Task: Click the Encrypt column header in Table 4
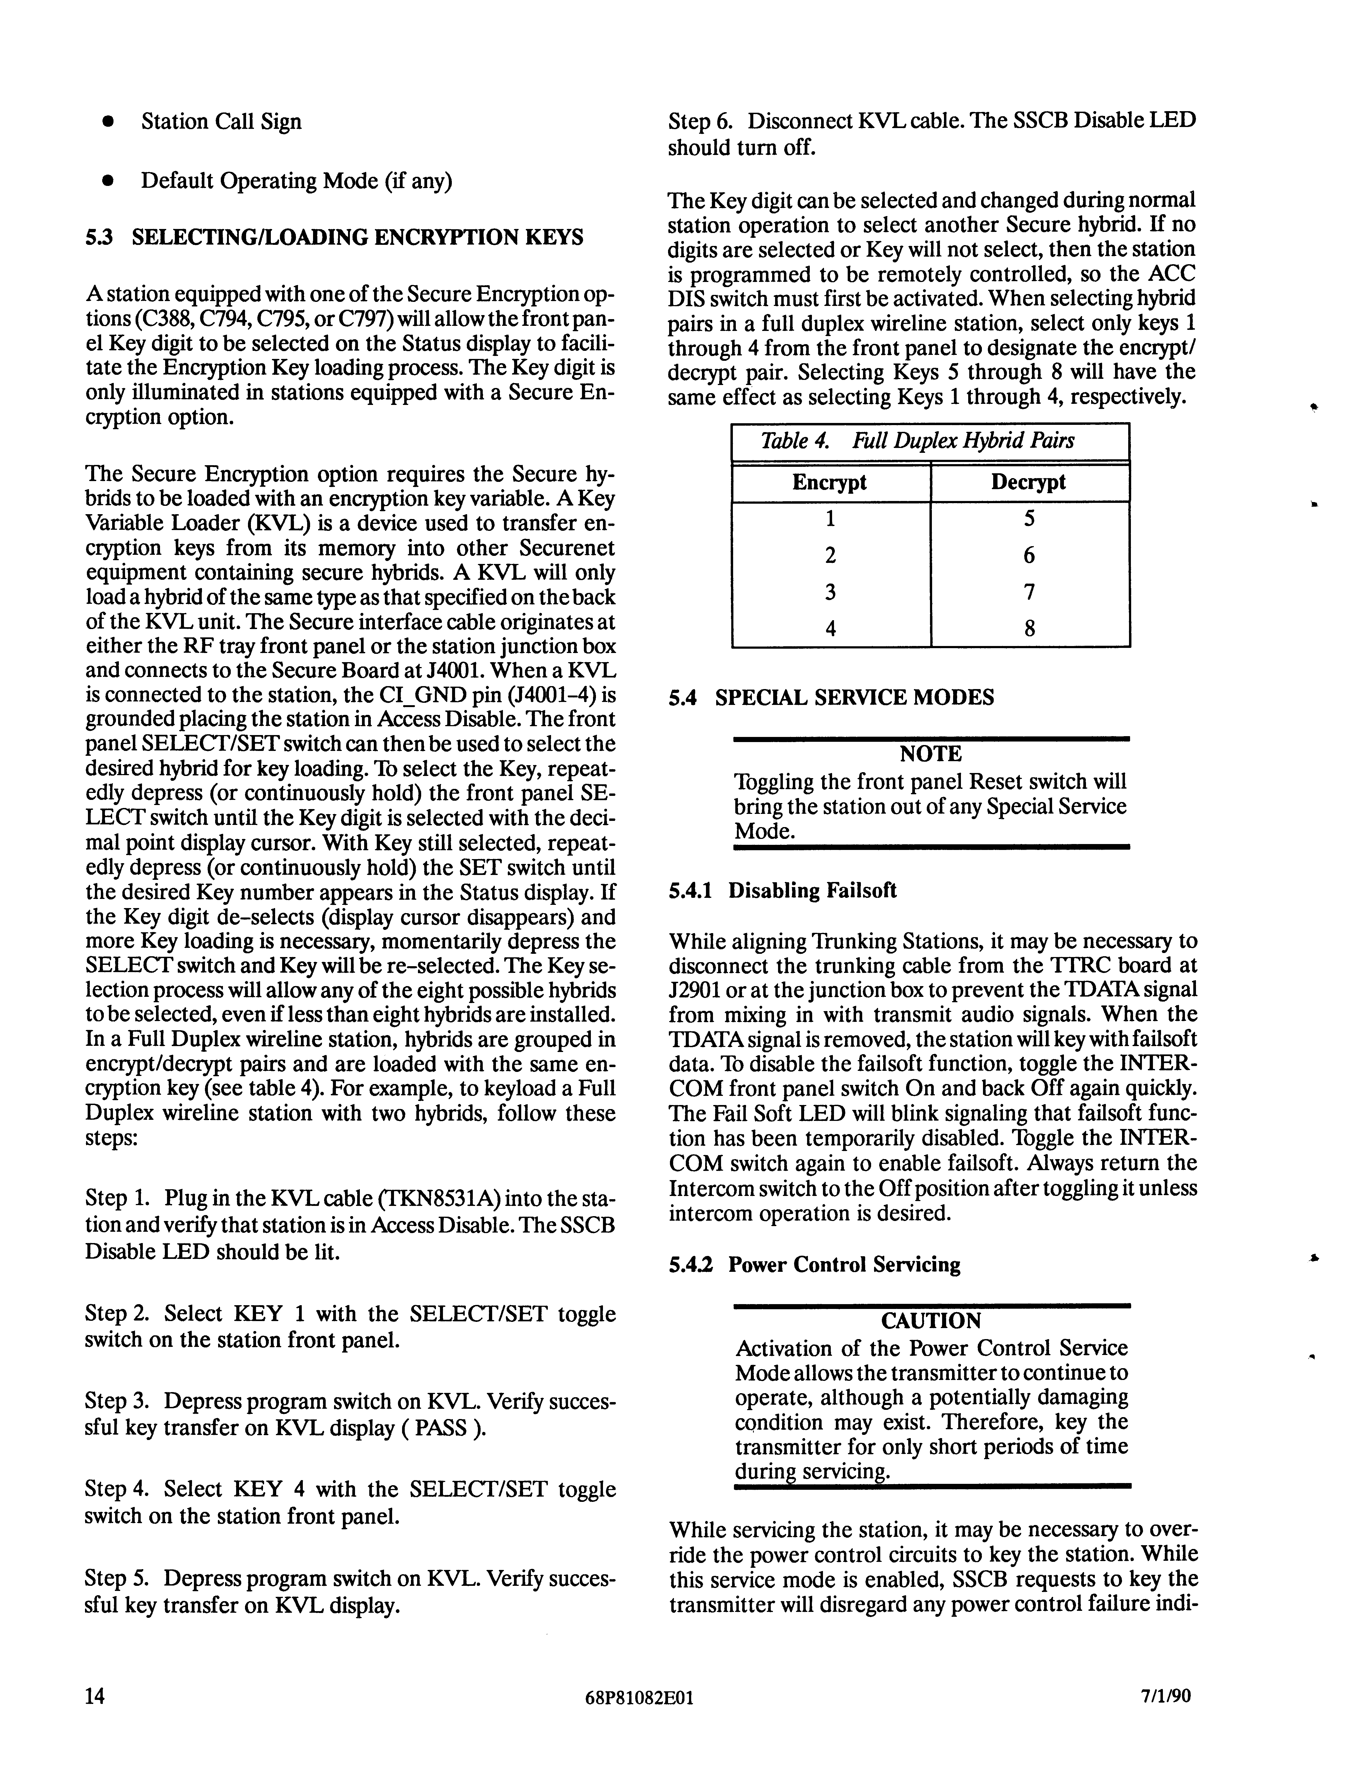pyautogui.click(x=830, y=482)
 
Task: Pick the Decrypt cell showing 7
pyautogui.click(x=1029, y=592)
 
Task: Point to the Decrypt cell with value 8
pyautogui.click(x=1029, y=628)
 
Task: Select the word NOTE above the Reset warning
pyautogui.click(x=931, y=754)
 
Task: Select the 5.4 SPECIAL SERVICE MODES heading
pyautogui.click(x=831, y=697)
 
